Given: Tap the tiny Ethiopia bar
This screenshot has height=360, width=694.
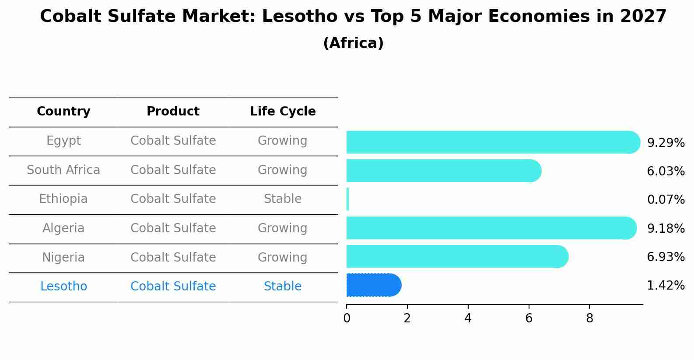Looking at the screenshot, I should pyautogui.click(x=348, y=199).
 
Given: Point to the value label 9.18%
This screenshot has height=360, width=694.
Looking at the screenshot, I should pyautogui.click(x=666, y=228).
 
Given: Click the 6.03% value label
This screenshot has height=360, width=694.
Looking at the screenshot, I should pyautogui.click(x=666, y=171).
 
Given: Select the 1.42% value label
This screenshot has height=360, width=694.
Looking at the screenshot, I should pyautogui.click(x=666, y=286).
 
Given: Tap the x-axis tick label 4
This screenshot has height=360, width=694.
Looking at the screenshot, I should pyautogui.click(x=468, y=318).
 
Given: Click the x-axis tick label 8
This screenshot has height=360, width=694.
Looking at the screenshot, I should pyautogui.click(x=589, y=318).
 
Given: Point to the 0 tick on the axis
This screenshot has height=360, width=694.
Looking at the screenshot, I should pyautogui.click(x=347, y=318).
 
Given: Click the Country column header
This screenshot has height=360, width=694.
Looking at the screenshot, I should pyautogui.click(x=63, y=112).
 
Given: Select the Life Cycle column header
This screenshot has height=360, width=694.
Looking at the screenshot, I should pyautogui.click(x=283, y=112).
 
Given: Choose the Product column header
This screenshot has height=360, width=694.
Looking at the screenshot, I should pyautogui.click(x=173, y=112).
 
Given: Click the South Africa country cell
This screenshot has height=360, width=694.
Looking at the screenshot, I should pyautogui.click(x=63, y=170).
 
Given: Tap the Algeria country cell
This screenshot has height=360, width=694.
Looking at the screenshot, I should pyautogui.click(x=63, y=228).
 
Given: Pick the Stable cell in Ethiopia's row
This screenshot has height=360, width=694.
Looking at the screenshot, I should pyautogui.click(x=283, y=199).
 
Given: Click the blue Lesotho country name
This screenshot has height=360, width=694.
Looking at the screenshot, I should pyautogui.click(x=63, y=287).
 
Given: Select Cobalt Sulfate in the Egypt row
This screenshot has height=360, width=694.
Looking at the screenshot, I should pyautogui.click(x=173, y=141).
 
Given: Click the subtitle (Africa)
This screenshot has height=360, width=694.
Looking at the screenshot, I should pyautogui.click(x=353, y=43).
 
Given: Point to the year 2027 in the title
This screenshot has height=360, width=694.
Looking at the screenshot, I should pyautogui.click(x=643, y=17).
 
